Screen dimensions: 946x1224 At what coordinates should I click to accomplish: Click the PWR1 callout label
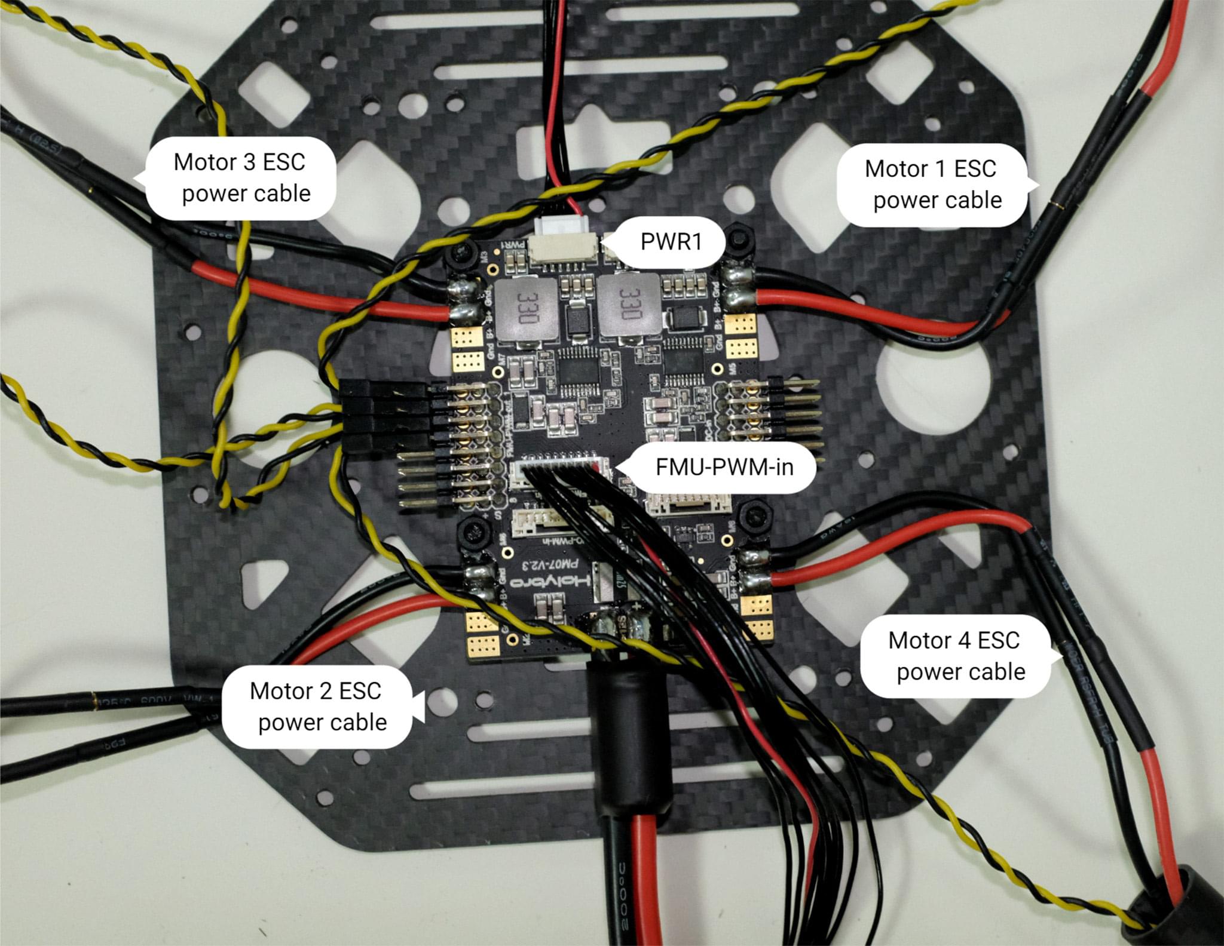[671, 242]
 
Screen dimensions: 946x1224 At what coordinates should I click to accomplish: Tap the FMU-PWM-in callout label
[724, 466]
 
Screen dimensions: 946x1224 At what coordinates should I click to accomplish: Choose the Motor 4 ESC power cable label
[955, 656]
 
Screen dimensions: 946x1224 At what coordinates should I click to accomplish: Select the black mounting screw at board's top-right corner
[739, 241]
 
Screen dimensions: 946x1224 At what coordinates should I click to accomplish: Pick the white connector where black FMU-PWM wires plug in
[562, 472]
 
